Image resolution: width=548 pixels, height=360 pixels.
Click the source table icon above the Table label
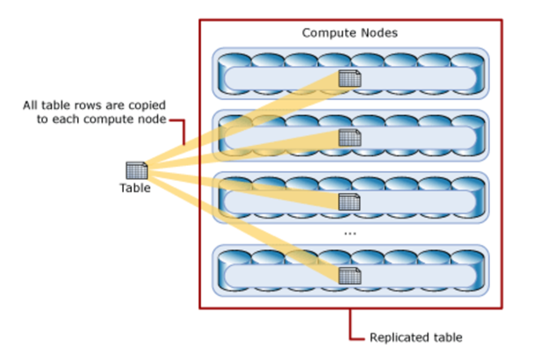136,170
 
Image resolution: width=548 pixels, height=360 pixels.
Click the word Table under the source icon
135,187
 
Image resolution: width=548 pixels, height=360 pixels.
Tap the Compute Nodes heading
350,32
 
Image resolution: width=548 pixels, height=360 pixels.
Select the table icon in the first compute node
350,79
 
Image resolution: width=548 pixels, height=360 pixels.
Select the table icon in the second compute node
350,138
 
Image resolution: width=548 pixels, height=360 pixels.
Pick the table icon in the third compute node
350,201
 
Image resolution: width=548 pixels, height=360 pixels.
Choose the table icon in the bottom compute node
350,276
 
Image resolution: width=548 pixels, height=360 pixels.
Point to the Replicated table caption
415,337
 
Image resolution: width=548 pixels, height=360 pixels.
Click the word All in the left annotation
31,106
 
